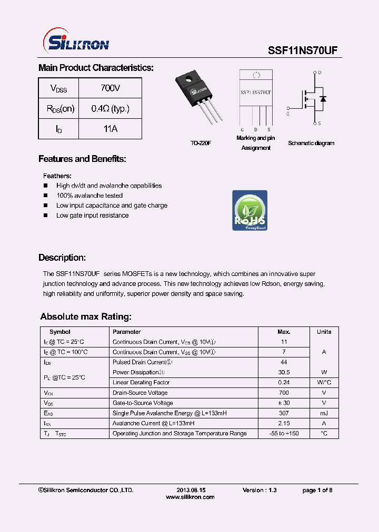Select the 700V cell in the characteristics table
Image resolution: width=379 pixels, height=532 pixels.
(110, 88)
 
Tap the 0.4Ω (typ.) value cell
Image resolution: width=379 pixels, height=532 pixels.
(110, 109)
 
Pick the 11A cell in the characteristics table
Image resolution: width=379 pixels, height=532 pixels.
(110, 129)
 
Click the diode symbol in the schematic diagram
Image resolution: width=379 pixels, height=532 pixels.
(323, 98)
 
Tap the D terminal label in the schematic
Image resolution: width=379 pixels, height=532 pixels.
(320, 73)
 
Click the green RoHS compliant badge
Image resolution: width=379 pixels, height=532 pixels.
(250, 210)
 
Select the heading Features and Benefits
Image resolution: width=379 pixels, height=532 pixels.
(82, 159)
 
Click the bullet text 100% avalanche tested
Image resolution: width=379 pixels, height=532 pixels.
(89, 196)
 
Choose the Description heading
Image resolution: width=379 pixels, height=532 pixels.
(62, 258)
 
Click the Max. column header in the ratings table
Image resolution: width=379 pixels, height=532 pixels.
(284, 332)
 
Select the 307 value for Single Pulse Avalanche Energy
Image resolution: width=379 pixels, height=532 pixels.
(284, 413)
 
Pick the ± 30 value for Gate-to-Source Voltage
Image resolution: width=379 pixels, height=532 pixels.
(284, 403)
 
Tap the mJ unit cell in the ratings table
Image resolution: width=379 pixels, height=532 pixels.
(324, 413)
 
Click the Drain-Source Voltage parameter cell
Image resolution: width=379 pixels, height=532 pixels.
(140, 393)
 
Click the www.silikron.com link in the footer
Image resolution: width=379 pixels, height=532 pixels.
(190, 497)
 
